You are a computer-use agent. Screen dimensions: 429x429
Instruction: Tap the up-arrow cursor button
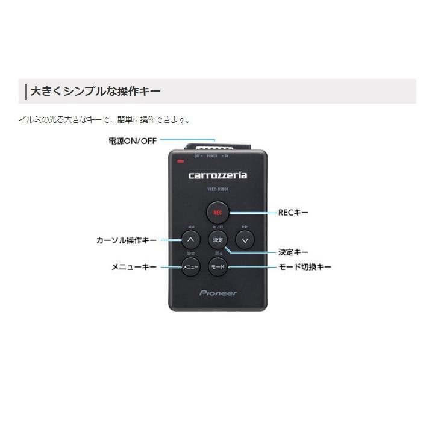pyautogui.click(x=190, y=240)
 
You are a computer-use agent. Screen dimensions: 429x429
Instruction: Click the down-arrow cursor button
pyautogui.click(x=244, y=240)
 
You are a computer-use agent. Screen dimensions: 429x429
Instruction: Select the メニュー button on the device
pyautogui.click(x=190, y=266)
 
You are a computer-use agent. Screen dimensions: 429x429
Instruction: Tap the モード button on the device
pyautogui.click(x=218, y=266)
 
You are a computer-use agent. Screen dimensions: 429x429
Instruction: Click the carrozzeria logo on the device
pyautogui.click(x=218, y=175)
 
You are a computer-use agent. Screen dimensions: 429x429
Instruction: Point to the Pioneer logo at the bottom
pyautogui.click(x=218, y=293)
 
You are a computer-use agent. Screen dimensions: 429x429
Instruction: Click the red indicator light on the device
pyautogui.click(x=180, y=161)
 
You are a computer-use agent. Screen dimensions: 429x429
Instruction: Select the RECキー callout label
pyautogui.click(x=293, y=212)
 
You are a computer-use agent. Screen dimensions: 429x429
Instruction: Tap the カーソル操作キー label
pyautogui.click(x=127, y=240)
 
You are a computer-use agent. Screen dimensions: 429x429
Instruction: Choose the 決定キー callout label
pyautogui.click(x=293, y=252)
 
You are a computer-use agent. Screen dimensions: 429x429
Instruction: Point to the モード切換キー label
pyautogui.click(x=304, y=266)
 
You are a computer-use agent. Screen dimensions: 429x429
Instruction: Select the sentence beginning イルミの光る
pyautogui.click(x=104, y=119)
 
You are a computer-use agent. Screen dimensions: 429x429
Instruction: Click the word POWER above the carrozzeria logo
pyautogui.click(x=212, y=155)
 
